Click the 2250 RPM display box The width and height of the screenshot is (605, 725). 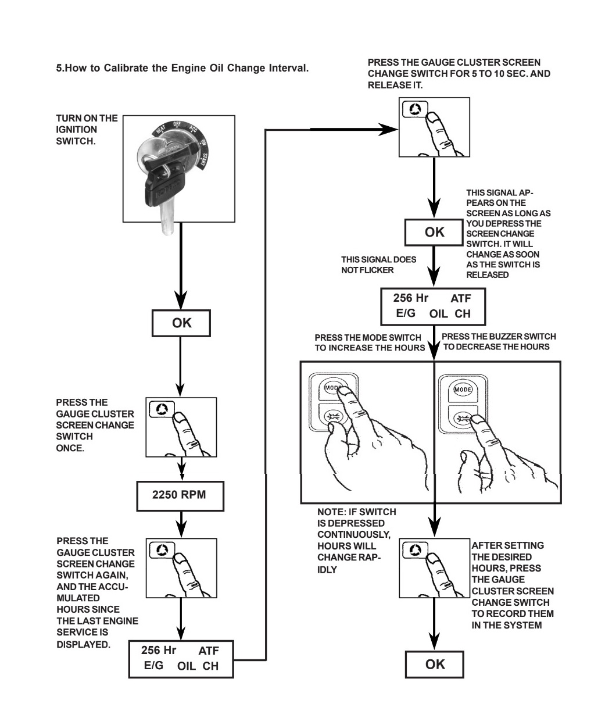[180, 496]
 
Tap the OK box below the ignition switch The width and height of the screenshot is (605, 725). [181, 323]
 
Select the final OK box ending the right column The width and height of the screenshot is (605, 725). [434, 664]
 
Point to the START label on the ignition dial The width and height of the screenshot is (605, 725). [205, 160]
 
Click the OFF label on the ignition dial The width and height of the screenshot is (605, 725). [177, 124]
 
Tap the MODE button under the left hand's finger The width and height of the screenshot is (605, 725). [332, 387]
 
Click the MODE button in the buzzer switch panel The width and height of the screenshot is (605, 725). [463, 390]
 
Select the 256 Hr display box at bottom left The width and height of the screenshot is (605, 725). [181, 659]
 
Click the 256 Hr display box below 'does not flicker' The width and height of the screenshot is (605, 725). [433, 306]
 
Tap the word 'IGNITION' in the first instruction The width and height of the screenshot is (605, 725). [76, 130]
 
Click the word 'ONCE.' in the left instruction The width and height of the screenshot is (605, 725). [70, 448]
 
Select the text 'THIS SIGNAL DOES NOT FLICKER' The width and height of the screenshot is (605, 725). [378, 265]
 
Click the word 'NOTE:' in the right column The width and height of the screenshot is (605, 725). [331, 512]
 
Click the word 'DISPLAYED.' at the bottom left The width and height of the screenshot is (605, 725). [83, 644]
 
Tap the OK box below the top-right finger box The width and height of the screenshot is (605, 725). [434, 233]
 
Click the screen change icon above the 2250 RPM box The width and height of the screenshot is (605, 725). [162, 409]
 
